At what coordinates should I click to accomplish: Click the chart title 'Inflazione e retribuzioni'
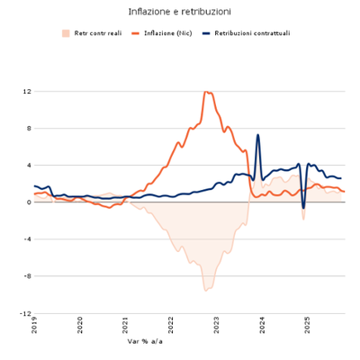pyautogui.click(x=179, y=12)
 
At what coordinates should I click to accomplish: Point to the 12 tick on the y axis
pyautogui.click(x=27, y=91)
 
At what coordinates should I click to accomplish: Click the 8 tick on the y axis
pyautogui.click(x=29, y=128)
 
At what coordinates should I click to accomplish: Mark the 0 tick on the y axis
pyautogui.click(x=29, y=202)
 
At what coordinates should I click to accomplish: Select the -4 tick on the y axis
pyautogui.click(x=27, y=238)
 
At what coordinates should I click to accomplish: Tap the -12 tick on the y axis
pyautogui.click(x=26, y=313)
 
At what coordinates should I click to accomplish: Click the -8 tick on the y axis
pyautogui.click(x=27, y=276)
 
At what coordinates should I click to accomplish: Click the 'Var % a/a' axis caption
pyautogui.click(x=144, y=342)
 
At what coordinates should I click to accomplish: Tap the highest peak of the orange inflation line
pyautogui.click(x=207, y=92)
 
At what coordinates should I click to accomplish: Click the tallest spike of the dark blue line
pyautogui.click(x=258, y=135)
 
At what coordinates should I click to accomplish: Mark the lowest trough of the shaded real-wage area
pyautogui.click(x=206, y=290)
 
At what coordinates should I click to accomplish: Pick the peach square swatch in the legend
pyautogui.click(x=66, y=33)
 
